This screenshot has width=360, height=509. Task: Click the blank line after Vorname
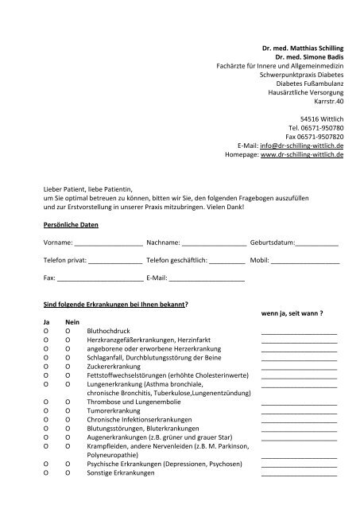tap(109, 243)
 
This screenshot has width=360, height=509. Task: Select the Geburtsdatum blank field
tap(317, 243)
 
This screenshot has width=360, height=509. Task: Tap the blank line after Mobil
tap(305, 261)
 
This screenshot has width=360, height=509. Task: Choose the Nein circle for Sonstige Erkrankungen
tap(68, 473)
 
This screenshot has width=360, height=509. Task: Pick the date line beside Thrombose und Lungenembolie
tap(299, 402)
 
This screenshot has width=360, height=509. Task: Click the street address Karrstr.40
tap(327, 101)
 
